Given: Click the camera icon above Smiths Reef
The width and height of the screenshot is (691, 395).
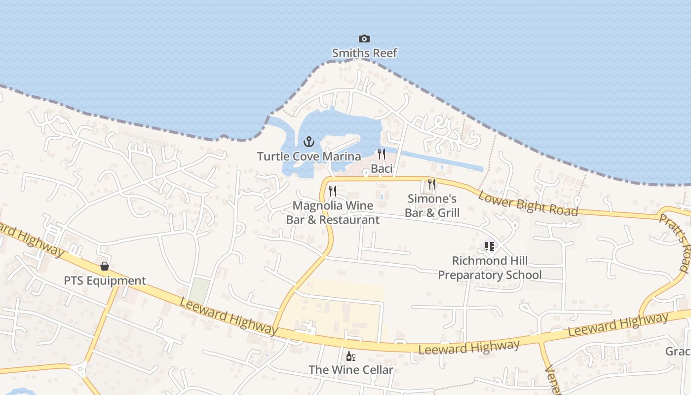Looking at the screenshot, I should tap(364, 39).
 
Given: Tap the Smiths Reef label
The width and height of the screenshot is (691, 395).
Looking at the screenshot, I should tap(364, 53).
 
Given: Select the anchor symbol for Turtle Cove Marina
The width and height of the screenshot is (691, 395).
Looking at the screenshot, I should tap(309, 142).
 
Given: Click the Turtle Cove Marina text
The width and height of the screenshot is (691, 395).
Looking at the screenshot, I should tap(309, 157).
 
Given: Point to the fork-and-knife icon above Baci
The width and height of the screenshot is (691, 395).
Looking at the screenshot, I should tap(381, 154).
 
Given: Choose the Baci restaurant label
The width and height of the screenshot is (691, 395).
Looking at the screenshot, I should tap(382, 169).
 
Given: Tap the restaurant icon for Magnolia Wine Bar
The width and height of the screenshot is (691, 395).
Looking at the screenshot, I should tap(333, 191).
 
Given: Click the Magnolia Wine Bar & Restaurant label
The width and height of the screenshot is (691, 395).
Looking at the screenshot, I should tap(333, 213).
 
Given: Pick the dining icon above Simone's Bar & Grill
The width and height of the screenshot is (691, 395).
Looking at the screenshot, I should tap(432, 184).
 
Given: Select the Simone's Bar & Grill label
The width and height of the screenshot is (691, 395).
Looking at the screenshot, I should tap(432, 206).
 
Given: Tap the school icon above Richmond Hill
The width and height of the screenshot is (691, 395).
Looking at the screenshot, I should tap(489, 246).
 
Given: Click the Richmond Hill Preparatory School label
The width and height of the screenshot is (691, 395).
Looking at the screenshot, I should tap(490, 268).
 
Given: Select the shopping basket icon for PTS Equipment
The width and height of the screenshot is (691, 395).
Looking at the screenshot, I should tap(105, 266).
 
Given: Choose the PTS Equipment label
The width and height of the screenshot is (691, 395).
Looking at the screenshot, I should tap(105, 281).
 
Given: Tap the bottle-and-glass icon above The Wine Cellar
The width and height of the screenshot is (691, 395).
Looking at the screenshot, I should tap(351, 356).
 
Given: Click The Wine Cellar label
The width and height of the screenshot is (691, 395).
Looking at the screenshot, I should tap(351, 370).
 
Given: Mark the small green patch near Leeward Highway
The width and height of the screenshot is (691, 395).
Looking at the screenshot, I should tap(199, 290).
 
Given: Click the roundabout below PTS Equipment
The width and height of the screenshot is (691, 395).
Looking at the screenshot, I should tap(79, 368).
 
